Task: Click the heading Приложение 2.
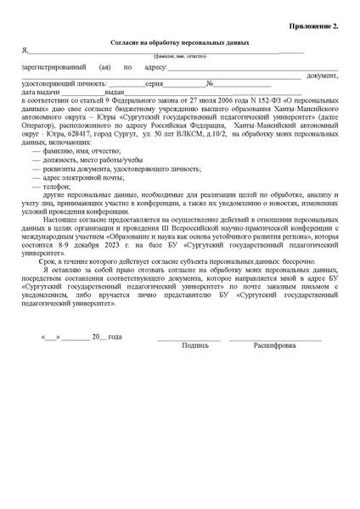coord(313,26)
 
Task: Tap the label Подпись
coord(195,346)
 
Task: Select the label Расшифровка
coord(274,346)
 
